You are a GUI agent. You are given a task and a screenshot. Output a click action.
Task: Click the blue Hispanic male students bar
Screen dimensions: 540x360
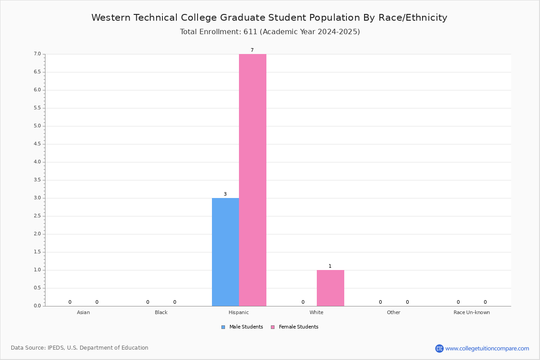point(225,252)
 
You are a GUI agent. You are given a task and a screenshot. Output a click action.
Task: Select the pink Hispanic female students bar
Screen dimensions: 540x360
point(252,180)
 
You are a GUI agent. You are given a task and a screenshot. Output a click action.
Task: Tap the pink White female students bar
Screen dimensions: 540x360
point(330,288)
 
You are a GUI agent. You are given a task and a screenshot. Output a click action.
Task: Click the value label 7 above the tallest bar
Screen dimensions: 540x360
point(252,50)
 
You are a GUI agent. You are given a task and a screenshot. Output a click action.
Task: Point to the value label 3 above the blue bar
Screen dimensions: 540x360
point(225,194)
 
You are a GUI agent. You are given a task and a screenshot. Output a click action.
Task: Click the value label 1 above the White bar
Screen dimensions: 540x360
point(330,266)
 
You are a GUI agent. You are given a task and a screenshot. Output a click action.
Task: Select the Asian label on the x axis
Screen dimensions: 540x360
point(83,312)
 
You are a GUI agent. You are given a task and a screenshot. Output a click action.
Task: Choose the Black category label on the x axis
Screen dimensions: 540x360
point(161,312)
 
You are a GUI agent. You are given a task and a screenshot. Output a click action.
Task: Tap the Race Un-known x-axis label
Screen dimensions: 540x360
point(472,312)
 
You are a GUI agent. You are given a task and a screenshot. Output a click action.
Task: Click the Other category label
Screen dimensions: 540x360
point(393,312)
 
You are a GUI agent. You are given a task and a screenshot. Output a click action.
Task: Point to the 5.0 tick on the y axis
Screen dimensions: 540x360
point(37,126)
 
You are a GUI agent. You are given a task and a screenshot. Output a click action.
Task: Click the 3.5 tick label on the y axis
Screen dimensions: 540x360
point(37,180)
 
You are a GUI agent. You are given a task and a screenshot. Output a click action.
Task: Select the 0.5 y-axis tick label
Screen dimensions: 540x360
point(37,288)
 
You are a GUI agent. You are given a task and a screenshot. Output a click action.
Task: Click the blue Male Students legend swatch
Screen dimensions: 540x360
point(223,327)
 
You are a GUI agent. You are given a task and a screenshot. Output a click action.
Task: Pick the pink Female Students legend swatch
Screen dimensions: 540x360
point(273,327)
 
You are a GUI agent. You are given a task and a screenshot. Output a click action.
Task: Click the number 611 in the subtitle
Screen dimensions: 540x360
point(250,32)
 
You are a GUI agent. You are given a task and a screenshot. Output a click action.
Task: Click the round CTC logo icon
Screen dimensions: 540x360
point(439,348)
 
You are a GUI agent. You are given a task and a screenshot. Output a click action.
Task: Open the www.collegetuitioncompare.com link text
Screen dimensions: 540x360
point(487,349)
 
